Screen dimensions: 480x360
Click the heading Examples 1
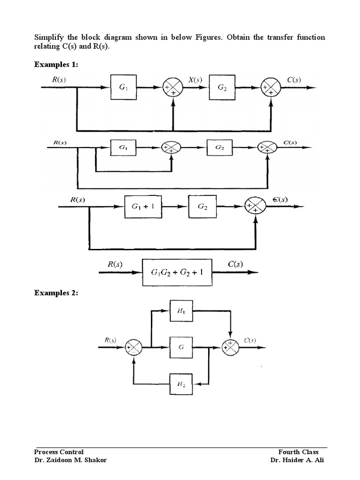[56, 65]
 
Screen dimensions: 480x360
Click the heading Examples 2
[56, 293]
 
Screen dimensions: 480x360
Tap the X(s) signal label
[195, 80]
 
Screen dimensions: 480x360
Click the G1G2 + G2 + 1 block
[177, 271]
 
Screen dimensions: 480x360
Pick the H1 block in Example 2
[181, 311]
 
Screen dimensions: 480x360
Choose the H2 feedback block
[181, 384]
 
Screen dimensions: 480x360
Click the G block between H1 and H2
[181, 347]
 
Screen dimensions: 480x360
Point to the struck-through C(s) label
[280, 199]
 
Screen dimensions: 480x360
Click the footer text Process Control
[59, 452]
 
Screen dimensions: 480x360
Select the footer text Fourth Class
[298, 452]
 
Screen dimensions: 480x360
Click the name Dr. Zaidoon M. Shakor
[70, 460]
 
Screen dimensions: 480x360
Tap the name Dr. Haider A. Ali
[297, 460]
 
